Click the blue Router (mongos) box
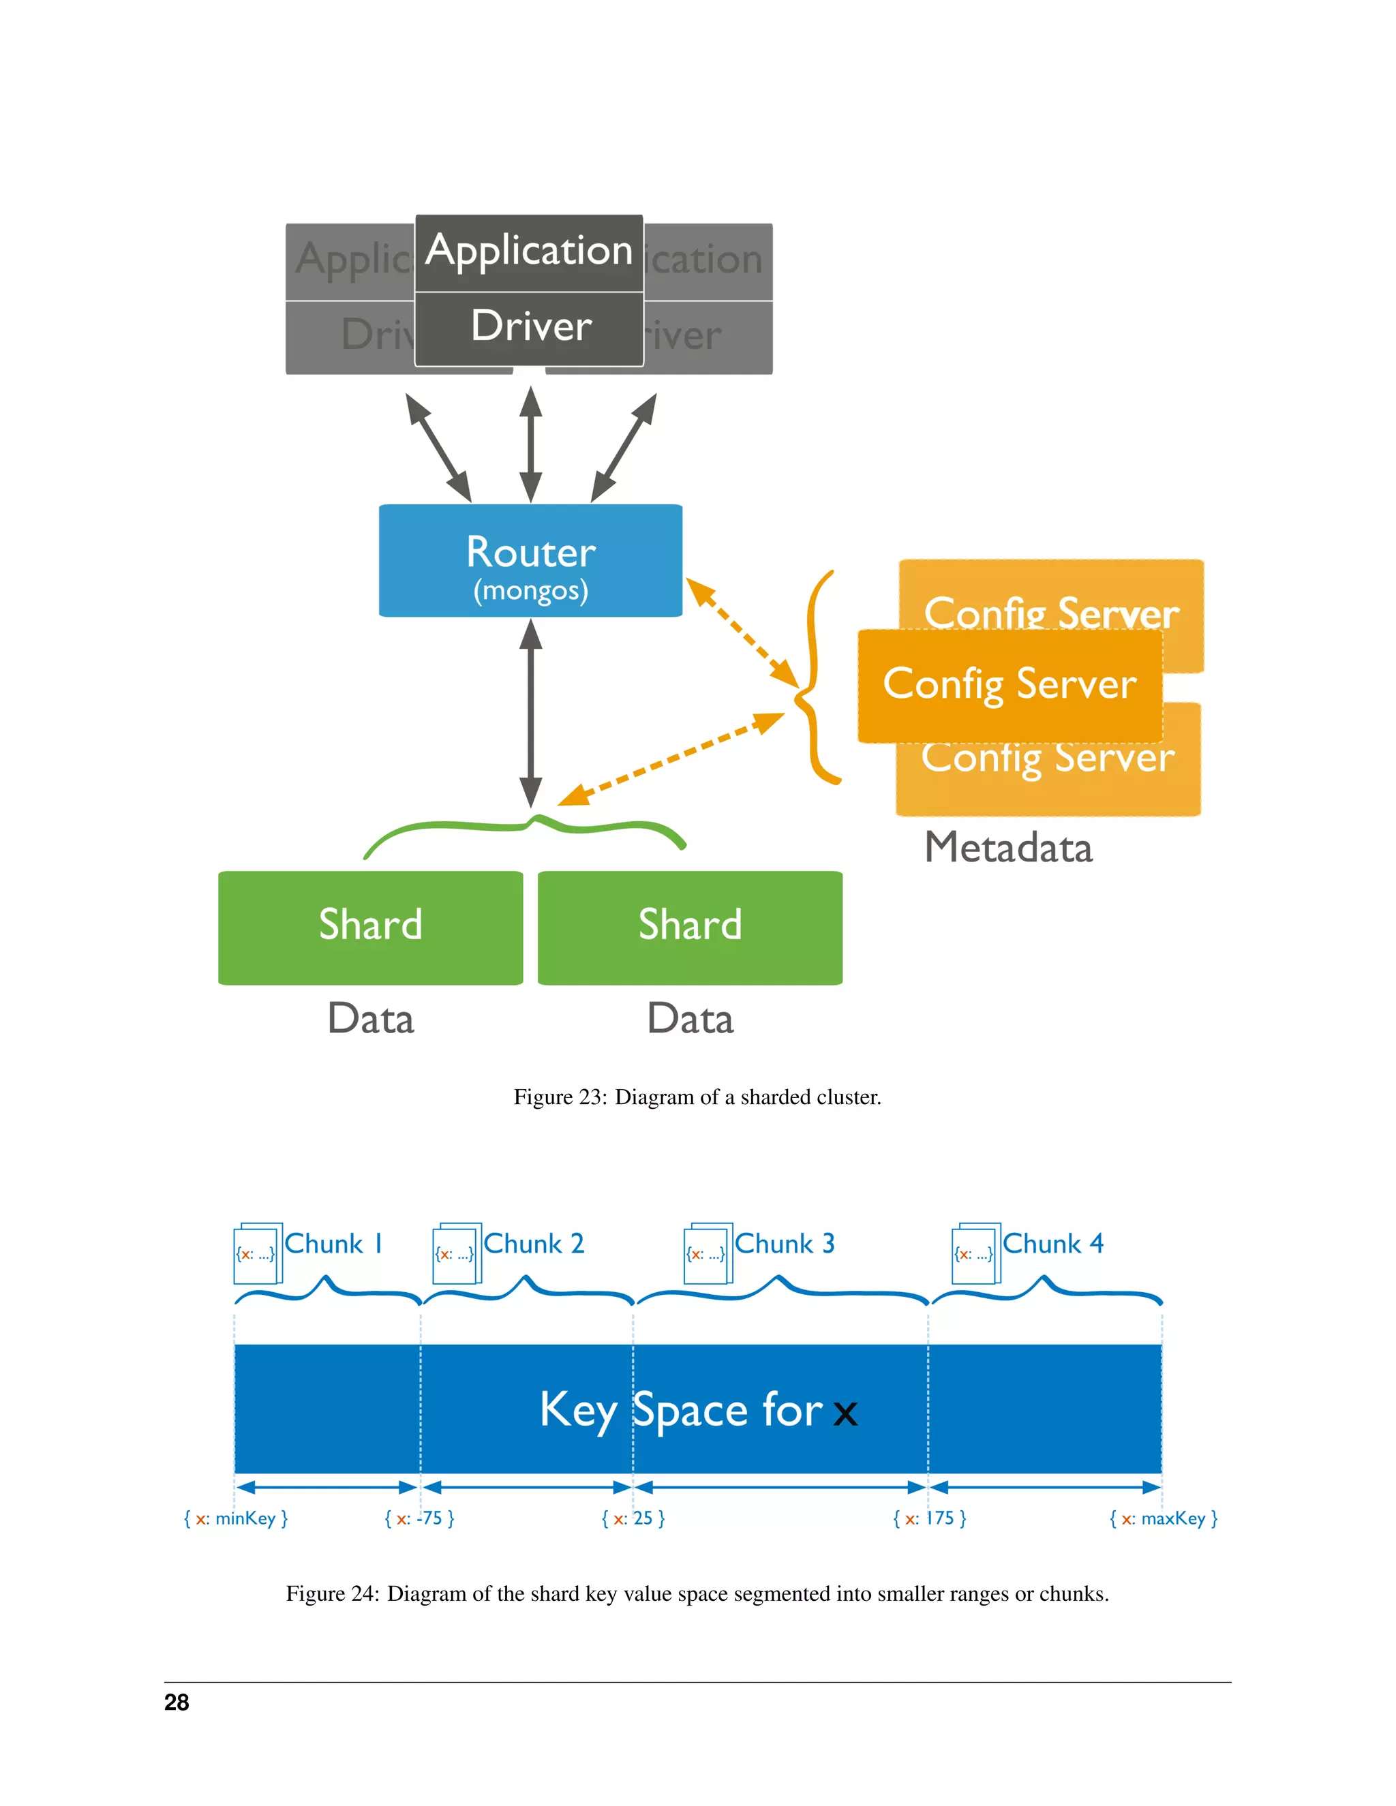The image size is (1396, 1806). pyautogui.click(x=530, y=561)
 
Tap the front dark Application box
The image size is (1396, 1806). pyautogui.click(x=529, y=251)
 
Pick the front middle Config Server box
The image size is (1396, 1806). pyautogui.click(x=1009, y=685)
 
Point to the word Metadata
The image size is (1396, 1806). pyautogui.click(x=1008, y=848)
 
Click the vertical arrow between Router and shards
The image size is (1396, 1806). pyautogui.click(x=531, y=713)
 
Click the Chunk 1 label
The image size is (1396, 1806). pyautogui.click(x=333, y=1244)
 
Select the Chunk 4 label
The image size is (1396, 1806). pyautogui.click(x=1052, y=1244)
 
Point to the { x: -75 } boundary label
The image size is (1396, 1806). pyautogui.click(x=419, y=1518)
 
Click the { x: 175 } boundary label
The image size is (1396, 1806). pyautogui.click(x=930, y=1518)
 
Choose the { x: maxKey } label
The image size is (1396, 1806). pyautogui.click(x=1163, y=1518)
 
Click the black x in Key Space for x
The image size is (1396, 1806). pyautogui.click(x=845, y=1414)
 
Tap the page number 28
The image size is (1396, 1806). pyautogui.click(x=176, y=1702)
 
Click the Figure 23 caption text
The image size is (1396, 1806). pyautogui.click(x=697, y=1097)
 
